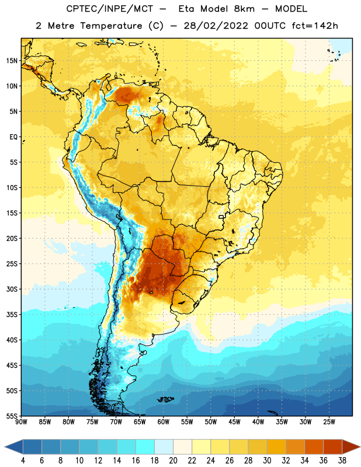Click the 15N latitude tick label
[12, 61]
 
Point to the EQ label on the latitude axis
[13, 137]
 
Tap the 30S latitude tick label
[12, 289]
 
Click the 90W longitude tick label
[21, 422]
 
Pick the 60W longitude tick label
[164, 422]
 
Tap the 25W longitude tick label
[329, 422]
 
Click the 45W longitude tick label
[234, 422]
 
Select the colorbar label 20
[173, 461]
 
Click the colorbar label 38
[342, 461]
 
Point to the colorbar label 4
[23, 461]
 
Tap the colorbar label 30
[267, 461]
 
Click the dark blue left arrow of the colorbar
[14, 447]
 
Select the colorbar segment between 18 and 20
[164, 447]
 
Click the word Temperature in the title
[111, 26]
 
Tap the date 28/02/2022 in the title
[216, 26]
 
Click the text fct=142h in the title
[315, 26]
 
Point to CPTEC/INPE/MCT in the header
[109, 9]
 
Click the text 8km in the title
[244, 9]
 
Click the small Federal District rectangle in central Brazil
[221, 217]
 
